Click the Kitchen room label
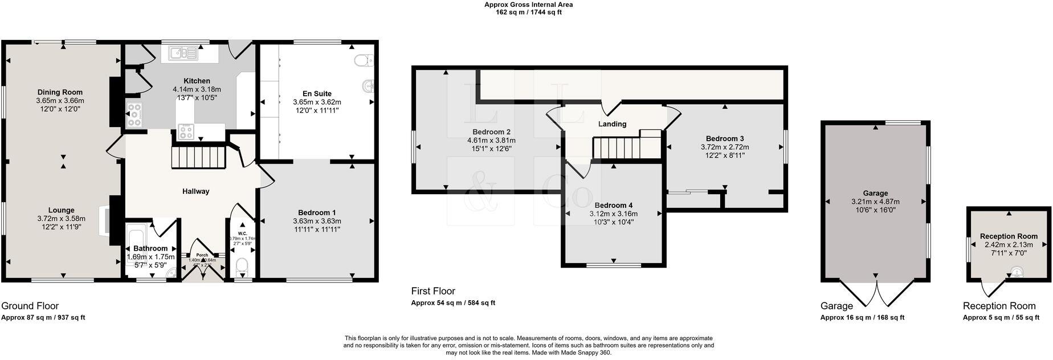pos(197,81)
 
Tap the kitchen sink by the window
pos(182,54)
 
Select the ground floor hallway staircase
pos(199,157)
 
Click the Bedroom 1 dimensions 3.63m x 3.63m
pos(317,222)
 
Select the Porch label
pos(202,255)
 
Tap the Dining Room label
pos(60,92)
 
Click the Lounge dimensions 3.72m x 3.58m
pos(61,219)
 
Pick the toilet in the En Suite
pos(362,60)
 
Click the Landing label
pos(613,124)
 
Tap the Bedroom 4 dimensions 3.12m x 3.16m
pos(613,214)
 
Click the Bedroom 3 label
pos(725,138)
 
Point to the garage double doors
pos(875,296)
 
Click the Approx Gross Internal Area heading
pos(528,5)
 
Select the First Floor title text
pos(433,291)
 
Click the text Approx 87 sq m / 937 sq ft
pos(43,318)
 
